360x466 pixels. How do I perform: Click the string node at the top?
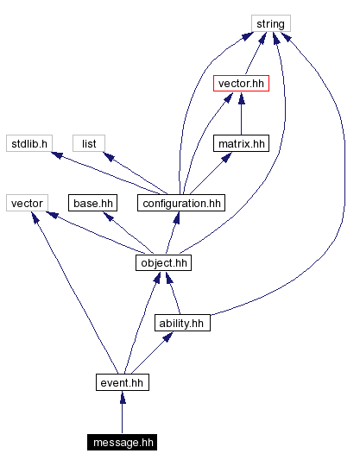[270, 23]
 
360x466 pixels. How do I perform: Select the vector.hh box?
[239, 84]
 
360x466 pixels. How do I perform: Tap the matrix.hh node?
[240, 143]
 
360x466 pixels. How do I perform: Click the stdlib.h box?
[29, 143]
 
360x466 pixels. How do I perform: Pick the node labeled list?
[88, 143]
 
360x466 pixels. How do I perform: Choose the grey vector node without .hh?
[26, 203]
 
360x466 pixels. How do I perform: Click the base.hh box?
[92, 203]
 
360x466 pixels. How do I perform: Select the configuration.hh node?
[180, 203]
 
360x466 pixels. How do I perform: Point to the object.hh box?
[162, 262]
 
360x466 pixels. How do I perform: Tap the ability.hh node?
[182, 323]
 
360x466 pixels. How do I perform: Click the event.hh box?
[122, 382]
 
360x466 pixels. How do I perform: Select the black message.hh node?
[122, 443]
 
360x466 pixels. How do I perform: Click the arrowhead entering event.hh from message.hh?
[122, 397]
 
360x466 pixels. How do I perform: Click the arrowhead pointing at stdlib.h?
[57, 155]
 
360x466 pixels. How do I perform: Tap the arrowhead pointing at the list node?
[110, 157]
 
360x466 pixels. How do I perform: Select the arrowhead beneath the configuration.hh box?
[175, 217]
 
